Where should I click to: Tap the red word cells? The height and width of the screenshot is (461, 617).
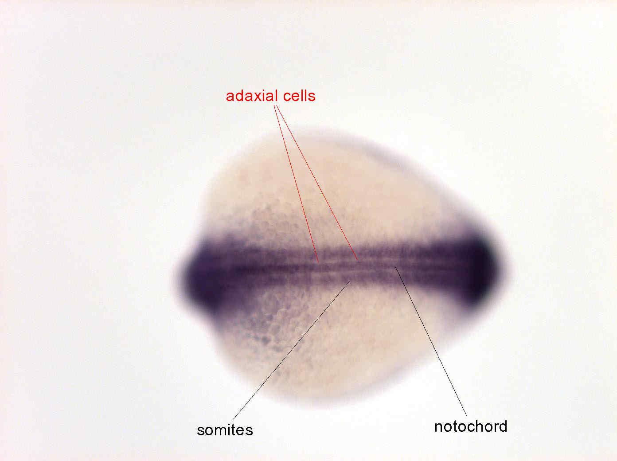point(299,96)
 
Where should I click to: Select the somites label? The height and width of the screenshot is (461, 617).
point(225,430)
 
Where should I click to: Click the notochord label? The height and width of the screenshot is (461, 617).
point(471,427)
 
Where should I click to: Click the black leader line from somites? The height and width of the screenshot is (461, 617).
point(292,350)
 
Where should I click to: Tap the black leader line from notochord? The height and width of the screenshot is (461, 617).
point(431,341)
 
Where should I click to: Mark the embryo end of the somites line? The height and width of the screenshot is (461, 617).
point(350,281)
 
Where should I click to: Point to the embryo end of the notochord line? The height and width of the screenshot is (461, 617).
point(395,266)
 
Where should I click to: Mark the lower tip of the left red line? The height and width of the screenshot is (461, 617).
point(319,262)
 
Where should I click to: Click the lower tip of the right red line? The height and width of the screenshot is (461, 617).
point(358,259)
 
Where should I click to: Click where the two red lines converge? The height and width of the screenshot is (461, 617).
point(275,105)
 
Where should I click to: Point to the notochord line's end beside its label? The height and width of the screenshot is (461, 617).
point(467,415)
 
